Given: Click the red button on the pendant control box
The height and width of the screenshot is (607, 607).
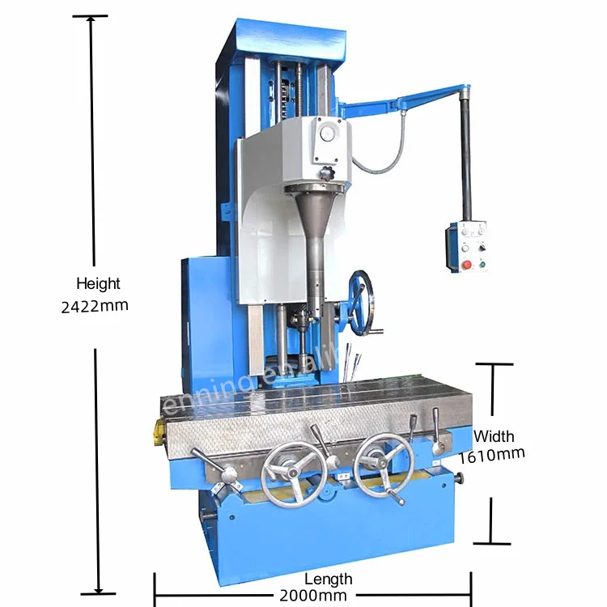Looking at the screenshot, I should [x=465, y=265].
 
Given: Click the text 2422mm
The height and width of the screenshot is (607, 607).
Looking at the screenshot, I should [x=94, y=307].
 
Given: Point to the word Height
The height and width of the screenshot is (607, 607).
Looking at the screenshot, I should [x=98, y=284].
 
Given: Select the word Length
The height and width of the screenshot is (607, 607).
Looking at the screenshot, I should [x=328, y=579].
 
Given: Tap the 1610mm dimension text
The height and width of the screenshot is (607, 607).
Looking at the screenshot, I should [x=491, y=454].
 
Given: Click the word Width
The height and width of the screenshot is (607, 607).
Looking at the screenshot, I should [x=494, y=436].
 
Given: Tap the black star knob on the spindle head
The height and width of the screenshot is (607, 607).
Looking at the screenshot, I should [x=325, y=174].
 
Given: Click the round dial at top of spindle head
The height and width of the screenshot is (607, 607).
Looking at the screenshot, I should [x=329, y=134].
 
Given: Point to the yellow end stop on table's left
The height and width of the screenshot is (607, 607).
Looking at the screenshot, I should [x=154, y=434].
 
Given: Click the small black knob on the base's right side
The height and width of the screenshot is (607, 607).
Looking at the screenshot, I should [x=460, y=481].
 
